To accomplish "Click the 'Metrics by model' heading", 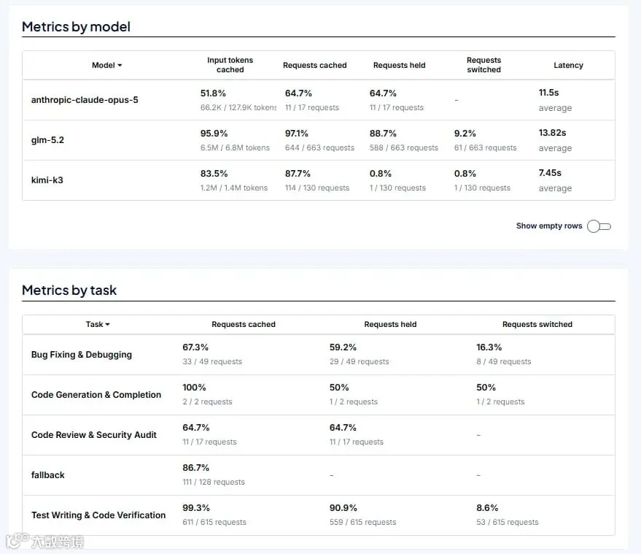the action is coord(76,27).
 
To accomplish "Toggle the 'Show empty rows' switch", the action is coord(599,226).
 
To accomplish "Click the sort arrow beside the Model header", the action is coord(120,65).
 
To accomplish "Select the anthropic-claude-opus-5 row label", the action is coord(85,100).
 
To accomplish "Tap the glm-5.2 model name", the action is coord(47,140).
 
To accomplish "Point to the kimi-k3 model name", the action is coord(47,180).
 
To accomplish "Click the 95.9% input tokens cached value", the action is coord(214,134).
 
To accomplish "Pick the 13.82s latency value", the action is coord(552,133).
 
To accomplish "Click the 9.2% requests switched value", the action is coord(465,134).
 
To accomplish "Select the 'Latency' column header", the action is coord(568,65).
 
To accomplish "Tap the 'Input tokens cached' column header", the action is coord(230,65).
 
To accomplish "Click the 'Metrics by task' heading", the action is coord(69,291).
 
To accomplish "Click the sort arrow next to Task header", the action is coord(107,325).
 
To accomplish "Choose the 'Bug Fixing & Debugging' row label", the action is coord(82,355).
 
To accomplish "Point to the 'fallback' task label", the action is coord(48,475).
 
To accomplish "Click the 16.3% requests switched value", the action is coord(489,347).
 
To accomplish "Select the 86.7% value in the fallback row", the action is coord(196,468).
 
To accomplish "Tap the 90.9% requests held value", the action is coord(343,508).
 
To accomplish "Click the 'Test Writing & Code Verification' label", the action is coord(98,515).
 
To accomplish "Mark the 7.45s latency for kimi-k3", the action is coord(550,173).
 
